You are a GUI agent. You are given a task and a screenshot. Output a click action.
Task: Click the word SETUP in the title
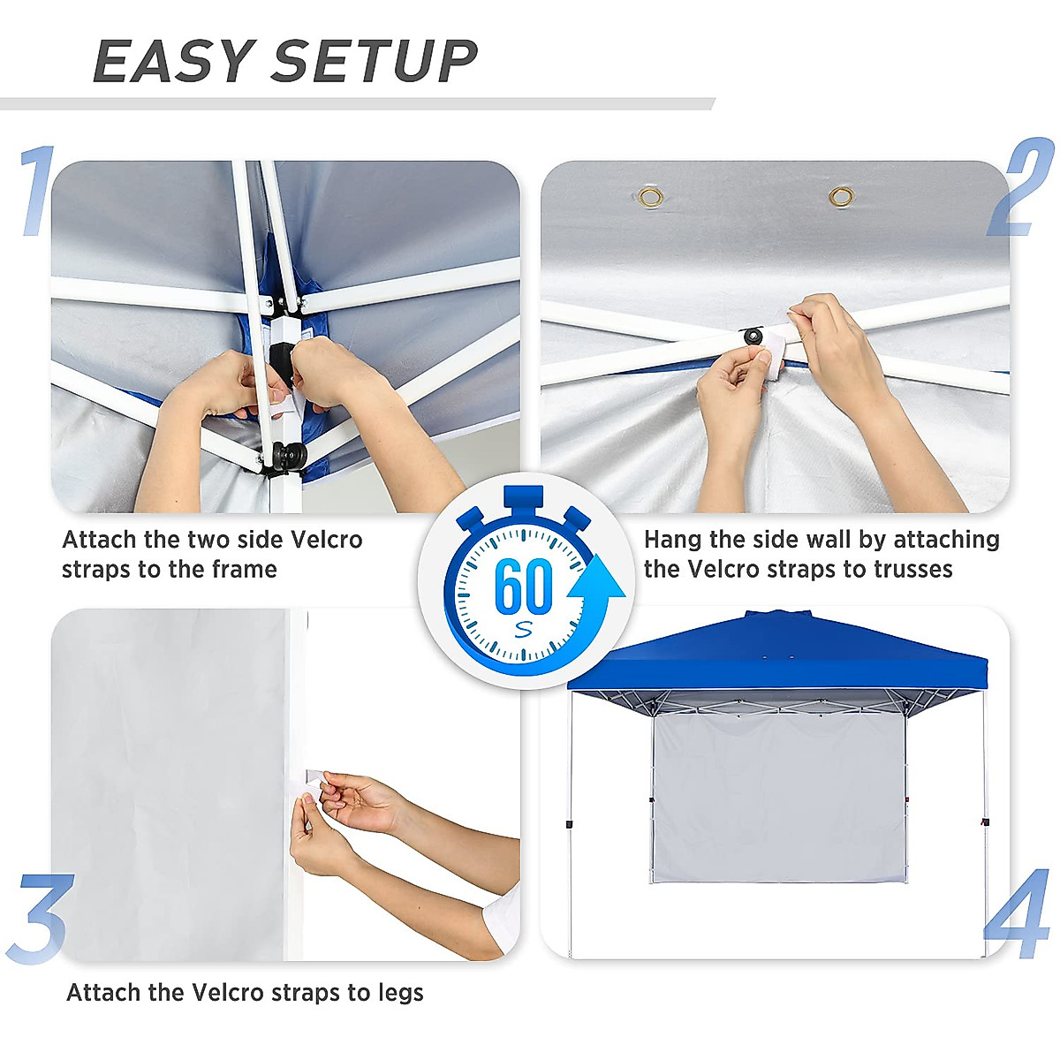click(375, 62)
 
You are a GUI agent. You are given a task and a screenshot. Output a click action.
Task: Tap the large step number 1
click(38, 192)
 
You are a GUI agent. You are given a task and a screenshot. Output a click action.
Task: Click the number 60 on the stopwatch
click(523, 585)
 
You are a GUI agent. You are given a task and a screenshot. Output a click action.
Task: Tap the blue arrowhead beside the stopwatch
click(596, 579)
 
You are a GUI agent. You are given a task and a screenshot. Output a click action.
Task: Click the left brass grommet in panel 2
click(651, 196)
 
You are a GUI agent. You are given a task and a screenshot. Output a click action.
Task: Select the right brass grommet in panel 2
click(841, 195)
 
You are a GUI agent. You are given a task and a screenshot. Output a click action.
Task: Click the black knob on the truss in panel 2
click(753, 337)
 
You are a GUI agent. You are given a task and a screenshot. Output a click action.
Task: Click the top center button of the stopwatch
click(523, 498)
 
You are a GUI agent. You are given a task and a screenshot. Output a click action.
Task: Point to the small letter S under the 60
click(524, 630)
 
